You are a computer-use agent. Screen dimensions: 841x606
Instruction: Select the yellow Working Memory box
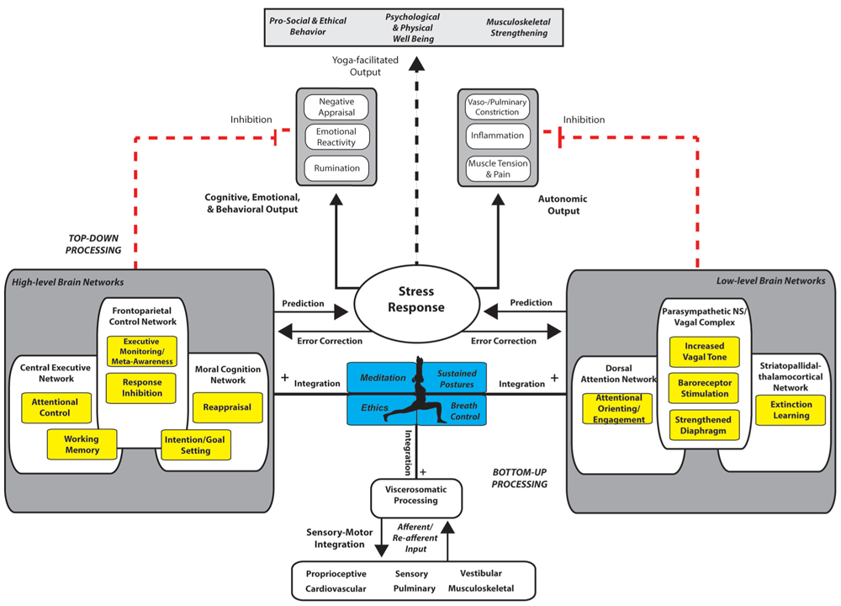click(x=82, y=444)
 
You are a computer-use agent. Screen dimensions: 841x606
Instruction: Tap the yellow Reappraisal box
click(x=227, y=407)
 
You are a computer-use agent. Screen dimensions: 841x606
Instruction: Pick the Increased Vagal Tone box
click(x=704, y=352)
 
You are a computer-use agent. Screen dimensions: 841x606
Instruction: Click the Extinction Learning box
click(x=791, y=410)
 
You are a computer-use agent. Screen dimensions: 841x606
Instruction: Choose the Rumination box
click(x=337, y=168)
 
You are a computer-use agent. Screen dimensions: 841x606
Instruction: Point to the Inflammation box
click(x=497, y=136)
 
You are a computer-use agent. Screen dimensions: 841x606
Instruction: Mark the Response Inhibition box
click(x=141, y=387)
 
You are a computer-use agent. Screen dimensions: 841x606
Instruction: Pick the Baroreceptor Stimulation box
click(x=704, y=388)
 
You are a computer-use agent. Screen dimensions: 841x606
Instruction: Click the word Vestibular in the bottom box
click(x=481, y=573)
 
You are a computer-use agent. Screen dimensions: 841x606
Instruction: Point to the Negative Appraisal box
click(x=336, y=107)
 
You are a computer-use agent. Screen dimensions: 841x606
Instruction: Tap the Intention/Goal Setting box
click(x=196, y=445)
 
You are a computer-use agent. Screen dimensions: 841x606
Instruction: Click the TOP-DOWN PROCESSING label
click(x=93, y=244)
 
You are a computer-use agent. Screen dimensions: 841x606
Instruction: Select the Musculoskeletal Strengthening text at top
click(x=519, y=28)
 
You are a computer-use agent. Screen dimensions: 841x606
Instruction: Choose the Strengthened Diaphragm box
click(x=704, y=425)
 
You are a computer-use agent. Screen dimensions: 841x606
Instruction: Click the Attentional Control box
click(x=56, y=407)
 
